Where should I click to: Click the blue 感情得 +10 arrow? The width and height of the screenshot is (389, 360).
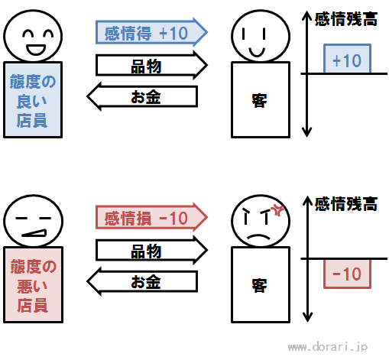[151, 32]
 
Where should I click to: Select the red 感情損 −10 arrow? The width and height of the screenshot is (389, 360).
[151, 217]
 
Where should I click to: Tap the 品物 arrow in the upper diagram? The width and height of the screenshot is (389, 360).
[151, 65]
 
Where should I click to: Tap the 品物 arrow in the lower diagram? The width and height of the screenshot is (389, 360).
[151, 250]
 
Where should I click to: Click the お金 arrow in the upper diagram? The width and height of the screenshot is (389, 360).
[142, 96]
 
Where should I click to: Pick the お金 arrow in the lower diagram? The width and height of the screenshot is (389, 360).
[142, 281]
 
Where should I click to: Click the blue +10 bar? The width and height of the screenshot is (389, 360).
[347, 59]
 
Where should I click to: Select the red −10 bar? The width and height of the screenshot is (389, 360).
[347, 274]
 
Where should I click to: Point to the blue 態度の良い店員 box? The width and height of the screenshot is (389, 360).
[33, 99]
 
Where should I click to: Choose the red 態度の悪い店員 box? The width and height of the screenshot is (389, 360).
[33, 284]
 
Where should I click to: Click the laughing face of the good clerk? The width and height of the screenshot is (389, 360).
[33, 36]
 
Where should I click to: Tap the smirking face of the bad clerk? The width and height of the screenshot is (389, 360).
[33, 221]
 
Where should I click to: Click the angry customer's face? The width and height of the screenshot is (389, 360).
[261, 221]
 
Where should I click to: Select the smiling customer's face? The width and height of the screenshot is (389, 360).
[261, 36]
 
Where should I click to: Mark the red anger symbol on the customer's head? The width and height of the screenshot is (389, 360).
[277, 210]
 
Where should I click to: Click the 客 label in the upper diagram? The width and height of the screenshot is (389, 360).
[259, 101]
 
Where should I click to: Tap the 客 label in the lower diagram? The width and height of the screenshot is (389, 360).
[259, 286]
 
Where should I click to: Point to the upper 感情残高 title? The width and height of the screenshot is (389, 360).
[346, 19]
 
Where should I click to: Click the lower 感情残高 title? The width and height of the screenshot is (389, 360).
[346, 204]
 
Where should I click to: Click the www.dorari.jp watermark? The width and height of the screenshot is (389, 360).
[328, 347]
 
